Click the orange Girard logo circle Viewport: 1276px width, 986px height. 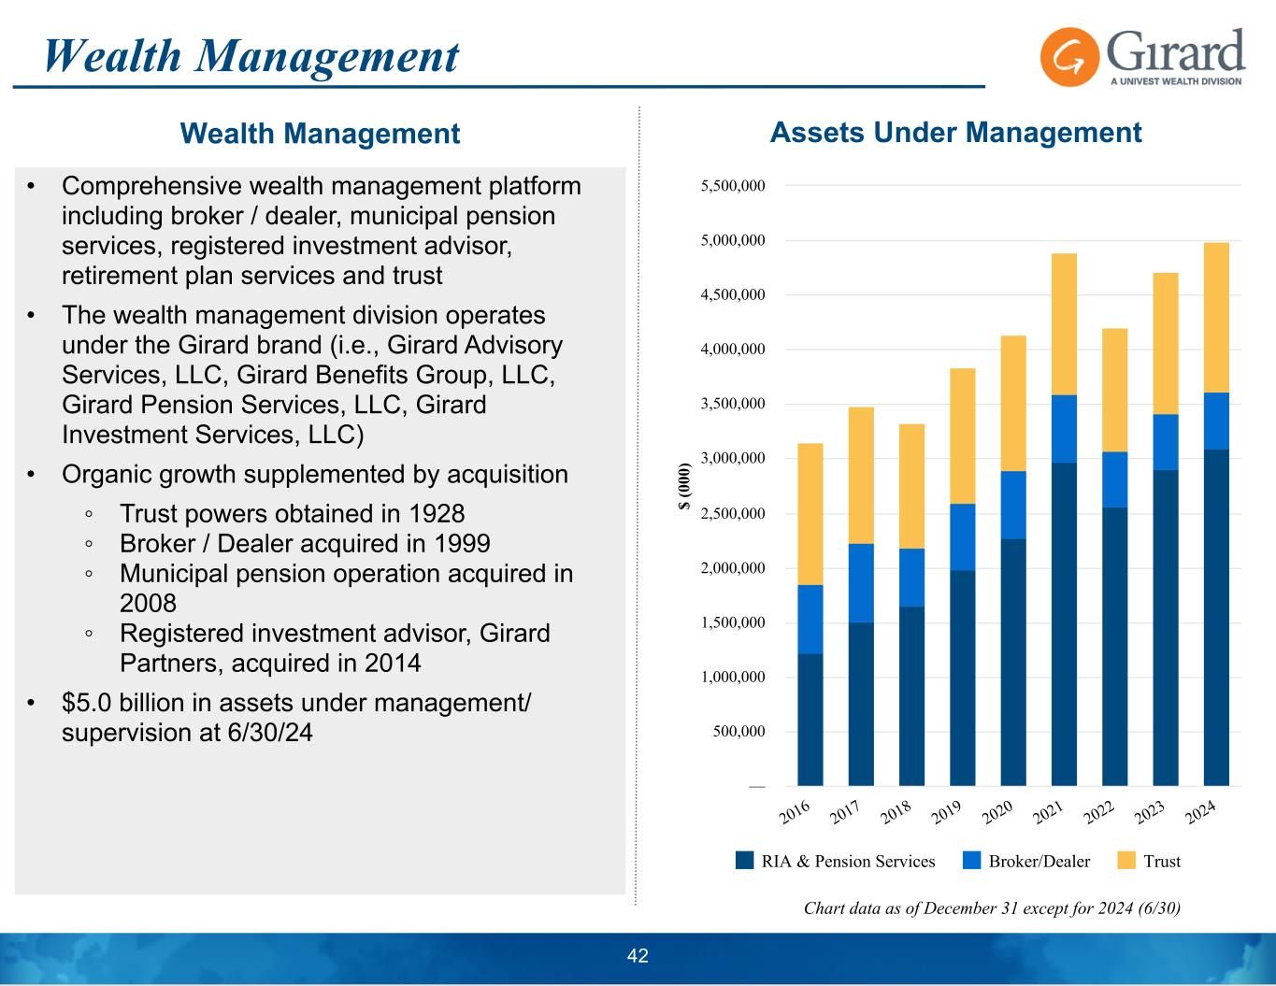1068,57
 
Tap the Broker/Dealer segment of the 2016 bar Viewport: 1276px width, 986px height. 810,619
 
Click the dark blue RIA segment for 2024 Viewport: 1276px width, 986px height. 1216,617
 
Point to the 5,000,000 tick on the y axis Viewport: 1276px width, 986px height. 733,240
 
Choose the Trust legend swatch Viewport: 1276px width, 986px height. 1126,861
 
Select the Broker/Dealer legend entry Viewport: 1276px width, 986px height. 1039,861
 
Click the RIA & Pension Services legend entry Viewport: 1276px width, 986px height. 848,861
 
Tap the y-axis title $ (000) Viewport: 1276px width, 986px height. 685,486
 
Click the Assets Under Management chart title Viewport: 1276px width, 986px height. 955,133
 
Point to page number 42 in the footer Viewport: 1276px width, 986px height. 638,955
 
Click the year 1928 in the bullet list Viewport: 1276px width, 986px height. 437,514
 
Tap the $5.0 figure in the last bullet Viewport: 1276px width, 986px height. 84,703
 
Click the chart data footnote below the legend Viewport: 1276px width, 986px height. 992,907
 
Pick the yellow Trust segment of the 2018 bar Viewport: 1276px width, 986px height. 911,486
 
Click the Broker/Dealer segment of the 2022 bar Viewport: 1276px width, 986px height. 1114,479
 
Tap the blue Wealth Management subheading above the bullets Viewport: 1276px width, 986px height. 320,134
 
